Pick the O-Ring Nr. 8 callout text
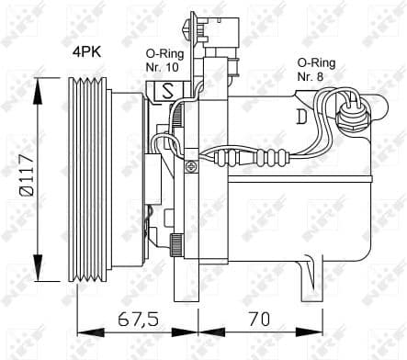(318, 70)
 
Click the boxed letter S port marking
(170, 91)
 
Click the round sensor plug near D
(349, 114)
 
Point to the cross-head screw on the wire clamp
(189, 166)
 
